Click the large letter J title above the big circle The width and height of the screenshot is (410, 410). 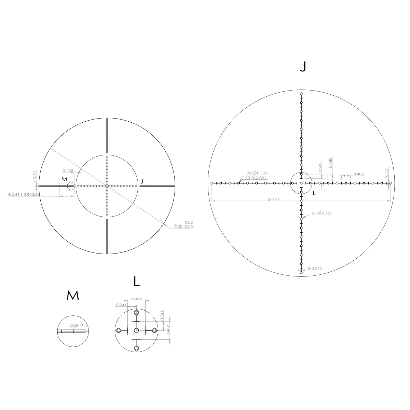pyautogui.click(x=302, y=67)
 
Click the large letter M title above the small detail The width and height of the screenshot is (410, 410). pyautogui.click(x=73, y=296)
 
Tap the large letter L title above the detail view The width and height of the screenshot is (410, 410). pyautogui.click(x=137, y=282)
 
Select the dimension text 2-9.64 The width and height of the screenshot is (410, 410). pyautogui.click(x=274, y=199)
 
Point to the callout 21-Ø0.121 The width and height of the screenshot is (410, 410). pyautogui.click(x=322, y=213)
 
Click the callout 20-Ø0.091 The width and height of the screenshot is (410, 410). pyautogui.click(x=256, y=178)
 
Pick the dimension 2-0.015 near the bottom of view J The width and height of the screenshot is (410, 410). pyautogui.click(x=315, y=269)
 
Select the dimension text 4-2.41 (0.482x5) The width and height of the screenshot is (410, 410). pyautogui.click(x=24, y=194)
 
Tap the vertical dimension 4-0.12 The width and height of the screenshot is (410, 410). pyautogui.click(x=35, y=177)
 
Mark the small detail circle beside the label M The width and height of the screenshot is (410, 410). pyautogui.click(x=71, y=186)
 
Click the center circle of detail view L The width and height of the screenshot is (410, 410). pyautogui.click(x=137, y=330)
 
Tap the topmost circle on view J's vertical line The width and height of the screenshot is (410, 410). pyautogui.click(x=301, y=94)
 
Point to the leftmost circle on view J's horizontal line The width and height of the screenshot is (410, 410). pyautogui.click(x=212, y=183)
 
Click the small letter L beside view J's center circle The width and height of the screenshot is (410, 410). pyautogui.click(x=314, y=193)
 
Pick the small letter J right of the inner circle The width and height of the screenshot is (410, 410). pyautogui.click(x=142, y=181)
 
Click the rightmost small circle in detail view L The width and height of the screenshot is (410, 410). pyautogui.click(x=154, y=330)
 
